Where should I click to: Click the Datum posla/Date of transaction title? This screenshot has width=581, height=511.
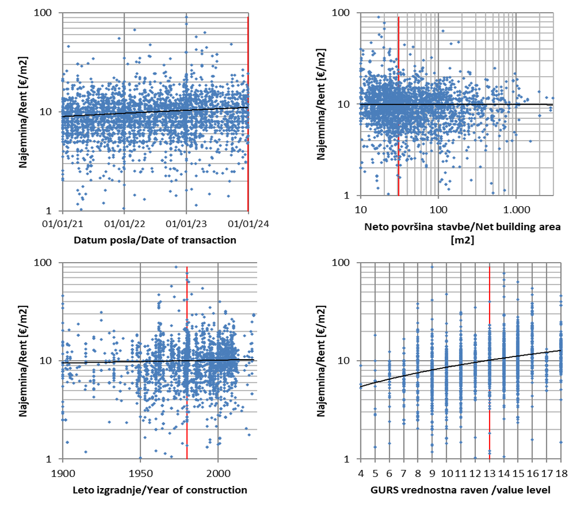[x=155, y=240]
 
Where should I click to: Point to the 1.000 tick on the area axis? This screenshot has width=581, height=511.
[x=515, y=208]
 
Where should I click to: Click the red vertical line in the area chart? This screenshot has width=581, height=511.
[x=399, y=152]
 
